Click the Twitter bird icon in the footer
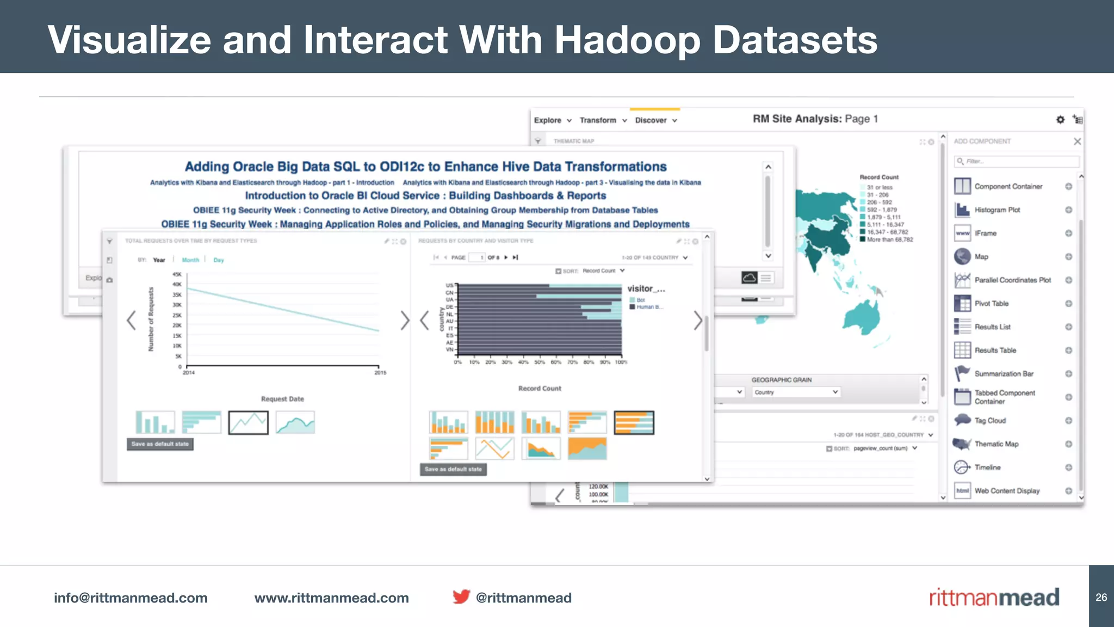coord(461,597)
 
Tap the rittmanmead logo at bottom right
coord(994,597)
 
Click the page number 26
coord(1101,597)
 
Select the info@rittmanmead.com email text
coord(131,598)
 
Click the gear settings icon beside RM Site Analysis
coord(1060,119)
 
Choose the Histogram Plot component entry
coord(997,210)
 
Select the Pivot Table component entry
coord(991,303)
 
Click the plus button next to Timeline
coord(1068,467)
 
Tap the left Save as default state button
coord(160,444)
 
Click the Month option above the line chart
coord(190,260)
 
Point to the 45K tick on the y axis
coord(177,274)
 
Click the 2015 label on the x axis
coord(380,373)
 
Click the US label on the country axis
coord(449,285)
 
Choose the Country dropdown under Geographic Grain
coord(796,392)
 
